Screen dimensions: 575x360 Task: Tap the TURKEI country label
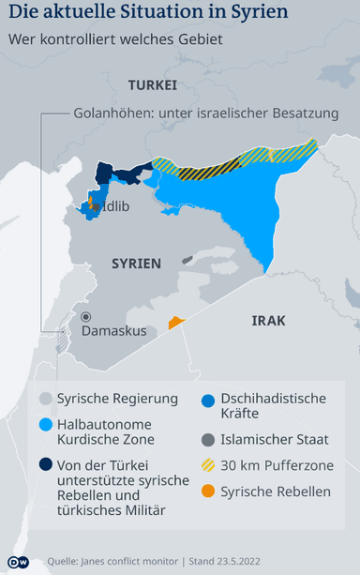point(153,84)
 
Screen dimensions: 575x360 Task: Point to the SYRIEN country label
point(136,264)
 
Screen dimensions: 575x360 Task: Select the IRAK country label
point(268,321)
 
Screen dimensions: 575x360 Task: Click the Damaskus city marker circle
point(86,317)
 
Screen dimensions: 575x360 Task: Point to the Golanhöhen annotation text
point(205,113)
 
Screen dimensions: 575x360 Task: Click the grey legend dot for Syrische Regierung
point(44,399)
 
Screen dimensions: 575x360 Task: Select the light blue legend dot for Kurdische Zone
point(44,424)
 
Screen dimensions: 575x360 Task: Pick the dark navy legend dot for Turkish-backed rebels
point(44,462)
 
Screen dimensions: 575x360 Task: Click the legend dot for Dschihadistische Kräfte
point(207,399)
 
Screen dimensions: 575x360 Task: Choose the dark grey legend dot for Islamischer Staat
point(207,438)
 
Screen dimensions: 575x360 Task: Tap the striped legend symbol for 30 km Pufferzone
point(207,464)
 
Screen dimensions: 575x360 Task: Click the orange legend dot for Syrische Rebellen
point(207,491)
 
